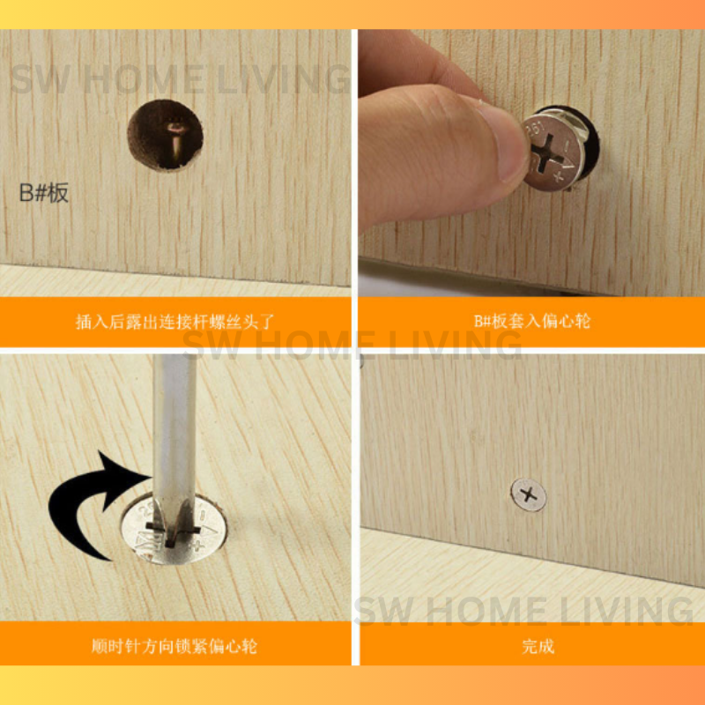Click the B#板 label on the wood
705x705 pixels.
tap(44, 193)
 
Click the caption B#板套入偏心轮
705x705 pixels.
tap(532, 321)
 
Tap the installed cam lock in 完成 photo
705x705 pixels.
tap(529, 495)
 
